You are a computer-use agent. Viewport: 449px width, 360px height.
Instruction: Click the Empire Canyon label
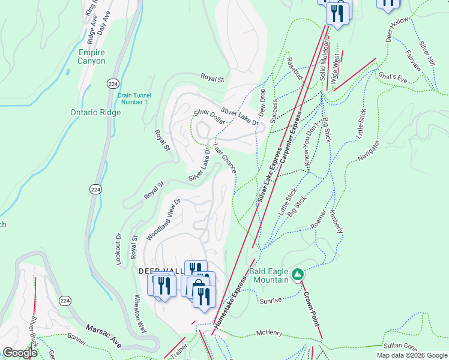pos(92,57)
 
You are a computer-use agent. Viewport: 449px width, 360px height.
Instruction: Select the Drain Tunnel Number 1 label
pos(134,98)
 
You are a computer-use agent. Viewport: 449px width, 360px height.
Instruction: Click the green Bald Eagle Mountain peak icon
pos(297,274)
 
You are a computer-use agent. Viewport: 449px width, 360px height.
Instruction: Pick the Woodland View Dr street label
pos(163,220)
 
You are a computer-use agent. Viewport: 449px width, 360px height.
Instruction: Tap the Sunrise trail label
pos(271,301)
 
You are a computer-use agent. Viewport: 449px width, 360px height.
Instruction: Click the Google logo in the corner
pos(20,353)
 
